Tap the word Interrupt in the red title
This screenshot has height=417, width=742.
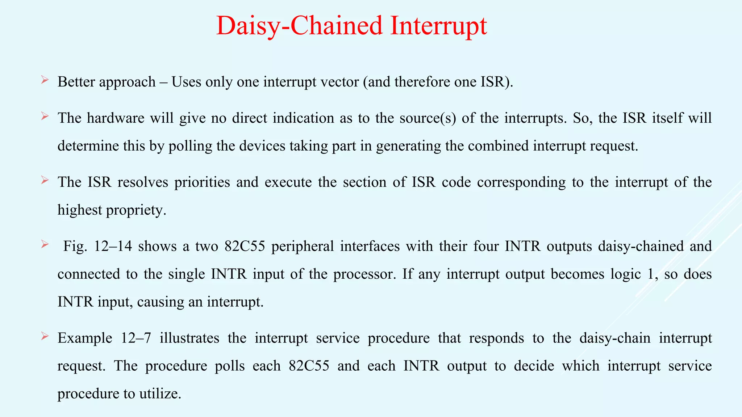click(x=438, y=26)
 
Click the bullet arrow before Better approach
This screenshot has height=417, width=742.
click(x=45, y=80)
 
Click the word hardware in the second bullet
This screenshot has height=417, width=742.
click(x=116, y=118)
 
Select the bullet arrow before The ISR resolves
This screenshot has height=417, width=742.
click(x=45, y=180)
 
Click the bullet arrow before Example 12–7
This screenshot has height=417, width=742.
click(x=45, y=336)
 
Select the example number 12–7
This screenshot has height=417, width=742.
click(x=136, y=338)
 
